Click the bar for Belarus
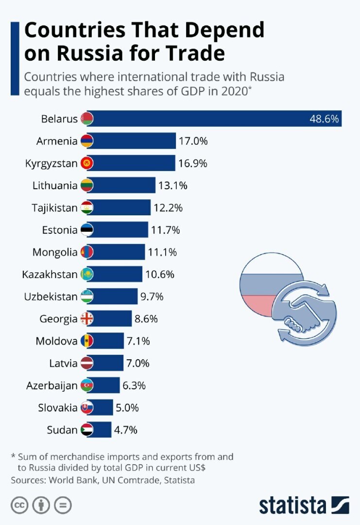point(214,119)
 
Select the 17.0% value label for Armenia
point(193,141)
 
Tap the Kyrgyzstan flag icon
point(87,163)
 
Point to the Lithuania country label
point(55,185)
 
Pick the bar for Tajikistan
point(121,208)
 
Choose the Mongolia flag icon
point(87,252)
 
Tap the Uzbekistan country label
point(51,297)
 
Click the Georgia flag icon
point(87,319)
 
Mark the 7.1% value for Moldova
point(138,341)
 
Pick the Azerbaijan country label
point(52,385)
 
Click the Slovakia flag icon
point(87,408)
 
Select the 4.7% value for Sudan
point(126,430)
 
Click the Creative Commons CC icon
point(18,505)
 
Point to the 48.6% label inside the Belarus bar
point(324,119)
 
